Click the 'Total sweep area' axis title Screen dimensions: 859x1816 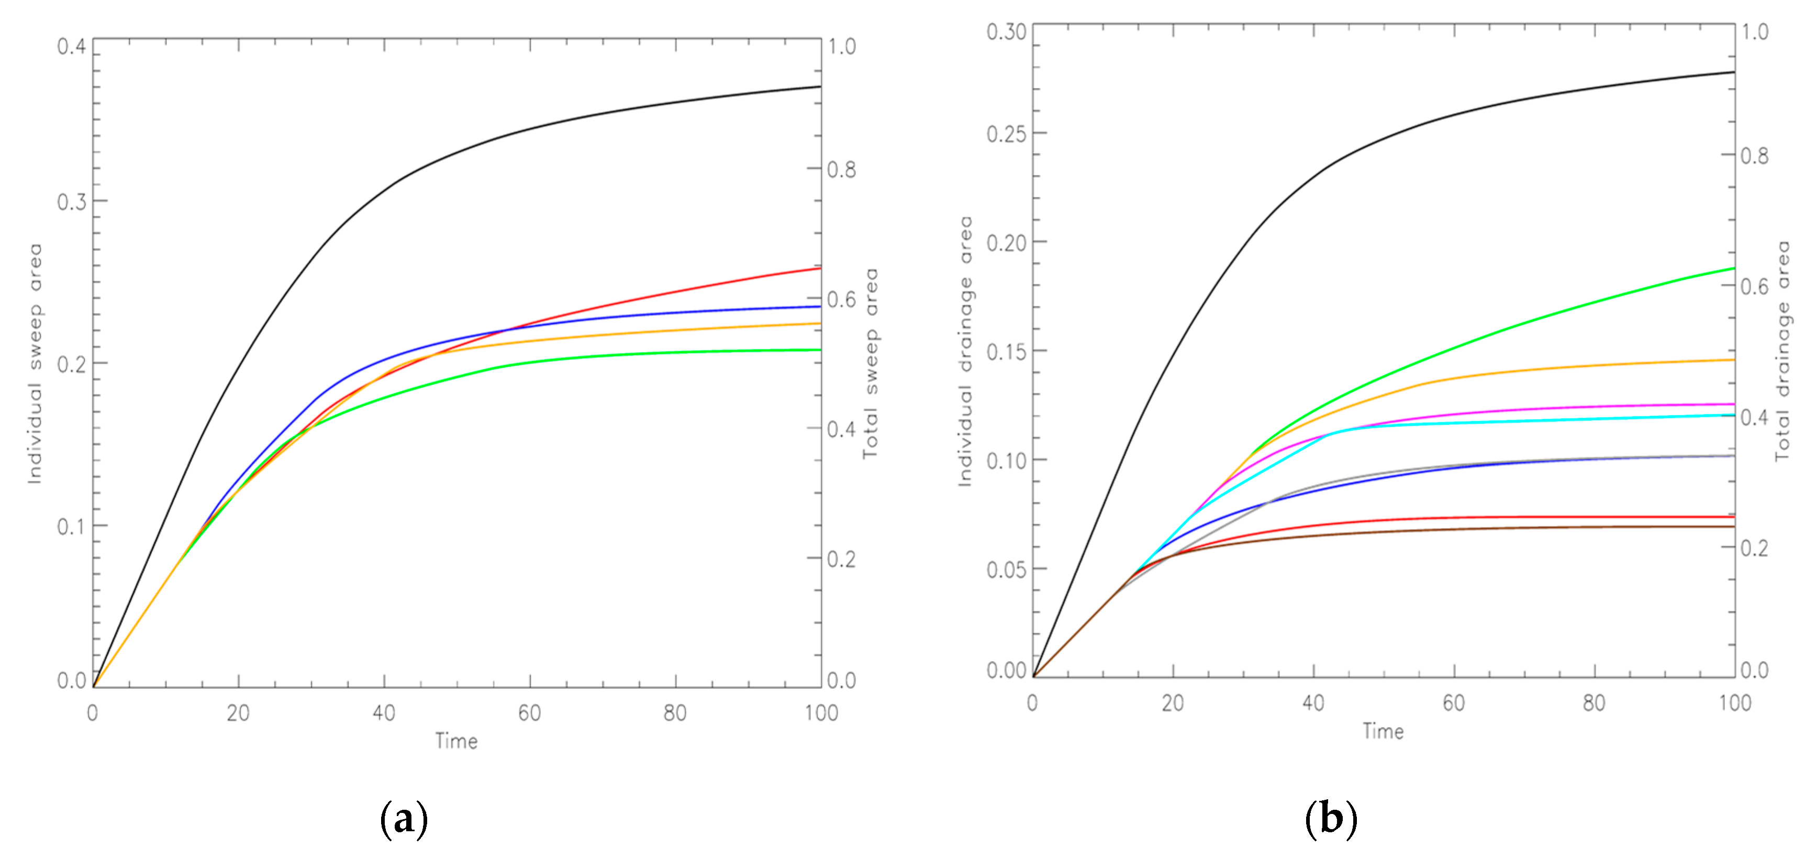871,363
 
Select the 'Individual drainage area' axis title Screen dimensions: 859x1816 965,350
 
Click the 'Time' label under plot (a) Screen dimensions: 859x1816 456,741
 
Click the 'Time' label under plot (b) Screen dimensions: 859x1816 1383,731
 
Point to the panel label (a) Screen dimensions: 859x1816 403,819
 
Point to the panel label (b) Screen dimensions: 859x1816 1330,819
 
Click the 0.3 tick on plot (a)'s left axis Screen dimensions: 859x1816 71,202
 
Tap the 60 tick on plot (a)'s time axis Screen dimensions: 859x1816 529,713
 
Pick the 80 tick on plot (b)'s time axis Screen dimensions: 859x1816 1594,703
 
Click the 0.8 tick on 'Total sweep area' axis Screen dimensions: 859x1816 842,169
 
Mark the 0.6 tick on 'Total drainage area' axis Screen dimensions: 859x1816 1755,287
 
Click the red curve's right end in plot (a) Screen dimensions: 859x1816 819,269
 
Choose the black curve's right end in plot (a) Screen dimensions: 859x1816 819,87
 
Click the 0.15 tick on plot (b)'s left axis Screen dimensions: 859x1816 1006,352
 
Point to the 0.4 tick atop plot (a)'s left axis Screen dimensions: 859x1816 71,47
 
